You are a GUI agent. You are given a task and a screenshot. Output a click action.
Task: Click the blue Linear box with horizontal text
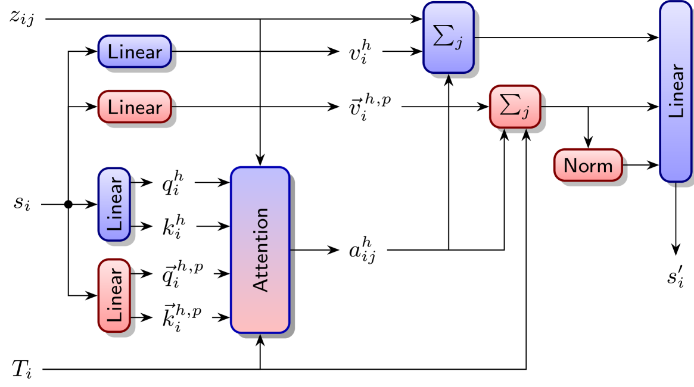(135, 51)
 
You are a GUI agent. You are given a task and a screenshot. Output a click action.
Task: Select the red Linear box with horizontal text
(135, 107)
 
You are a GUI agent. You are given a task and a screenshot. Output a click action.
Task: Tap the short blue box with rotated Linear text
(114, 204)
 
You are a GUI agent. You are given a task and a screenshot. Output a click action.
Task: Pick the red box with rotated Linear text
(114, 295)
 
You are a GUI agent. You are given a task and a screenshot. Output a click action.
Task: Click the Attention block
(260, 249)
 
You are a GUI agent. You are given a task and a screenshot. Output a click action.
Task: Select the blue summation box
(449, 38)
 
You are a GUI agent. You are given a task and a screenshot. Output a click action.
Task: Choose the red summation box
(515, 106)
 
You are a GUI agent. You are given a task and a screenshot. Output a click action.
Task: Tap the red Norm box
(588, 165)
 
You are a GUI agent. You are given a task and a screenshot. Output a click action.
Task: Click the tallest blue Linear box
(675, 91)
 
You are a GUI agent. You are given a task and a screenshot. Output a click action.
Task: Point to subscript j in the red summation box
(525, 114)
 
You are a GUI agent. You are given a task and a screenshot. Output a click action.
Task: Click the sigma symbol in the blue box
(443, 37)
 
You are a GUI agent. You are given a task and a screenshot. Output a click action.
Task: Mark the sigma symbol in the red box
(509, 105)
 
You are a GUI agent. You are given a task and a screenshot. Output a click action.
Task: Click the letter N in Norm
(569, 165)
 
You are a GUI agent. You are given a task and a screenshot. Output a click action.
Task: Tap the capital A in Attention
(261, 283)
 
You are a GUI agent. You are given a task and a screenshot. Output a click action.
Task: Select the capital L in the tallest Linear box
(676, 111)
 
